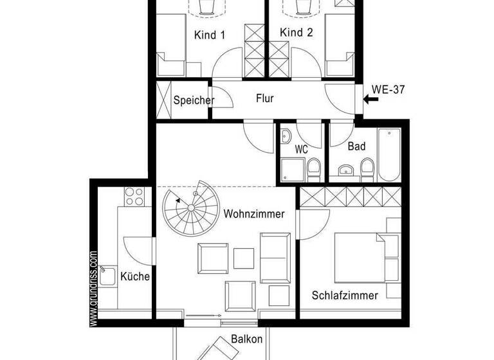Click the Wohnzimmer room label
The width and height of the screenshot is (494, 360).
(x=254, y=214)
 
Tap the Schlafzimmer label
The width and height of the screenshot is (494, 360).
(x=345, y=296)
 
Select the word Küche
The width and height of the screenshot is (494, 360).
(x=135, y=277)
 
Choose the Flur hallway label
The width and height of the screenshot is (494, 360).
(x=265, y=99)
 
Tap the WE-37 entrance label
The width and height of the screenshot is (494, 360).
(x=389, y=90)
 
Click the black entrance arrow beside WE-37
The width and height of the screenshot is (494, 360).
(x=370, y=99)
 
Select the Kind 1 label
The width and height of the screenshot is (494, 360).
(x=209, y=35)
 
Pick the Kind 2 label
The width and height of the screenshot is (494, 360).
(x=297, y=33)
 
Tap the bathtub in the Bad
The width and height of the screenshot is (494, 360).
(x=389, y=155)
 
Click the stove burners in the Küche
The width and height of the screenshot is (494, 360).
(x=134, y=195)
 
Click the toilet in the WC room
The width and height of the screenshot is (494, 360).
(x=314, y=170)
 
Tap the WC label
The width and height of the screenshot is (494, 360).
(x=301, y=150)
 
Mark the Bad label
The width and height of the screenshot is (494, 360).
(x=356, y=147)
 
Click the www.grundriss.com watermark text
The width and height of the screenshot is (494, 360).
(x=94, y=287)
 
